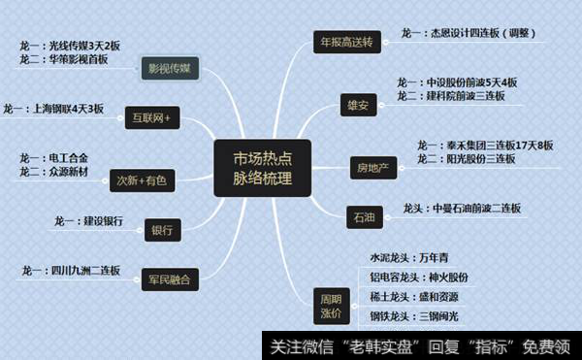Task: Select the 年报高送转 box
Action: pyautogui.click(x=347, y=42)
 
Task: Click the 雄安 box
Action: pyautogui.click(x=357, y=102)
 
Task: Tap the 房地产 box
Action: pyautogui.click(x=373, y=169)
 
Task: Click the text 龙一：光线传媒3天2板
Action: pyautogui.click(x=69, y=46)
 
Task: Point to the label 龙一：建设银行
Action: pyautogui.click(x=89, y=221)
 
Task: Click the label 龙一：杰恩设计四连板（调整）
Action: pyautogui.click(x=482, y=34)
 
